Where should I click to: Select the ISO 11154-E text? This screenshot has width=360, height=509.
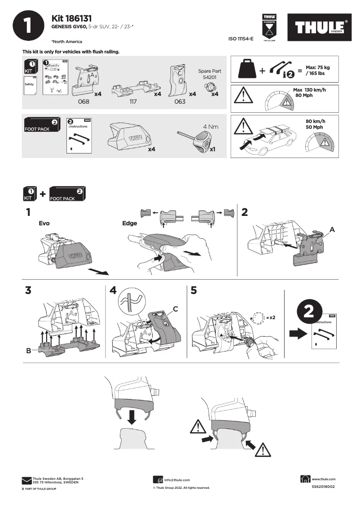pos(241,39)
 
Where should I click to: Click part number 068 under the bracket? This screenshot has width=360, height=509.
pos(84,102)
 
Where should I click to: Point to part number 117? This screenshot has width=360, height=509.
pos(133,102)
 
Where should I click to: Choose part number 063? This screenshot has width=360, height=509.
pos(180,102)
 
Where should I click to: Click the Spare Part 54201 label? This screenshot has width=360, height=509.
pos(210,74)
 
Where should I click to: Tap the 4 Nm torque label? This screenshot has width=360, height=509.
pos(211,127)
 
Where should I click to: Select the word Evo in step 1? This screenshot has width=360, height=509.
pos(44,223)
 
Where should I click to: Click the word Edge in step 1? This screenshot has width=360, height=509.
pos(130,223)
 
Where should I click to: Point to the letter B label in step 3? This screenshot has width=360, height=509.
pos(29,351)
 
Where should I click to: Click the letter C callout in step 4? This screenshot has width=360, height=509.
pos(176,309)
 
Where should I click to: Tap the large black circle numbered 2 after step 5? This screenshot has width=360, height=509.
pos(310,313)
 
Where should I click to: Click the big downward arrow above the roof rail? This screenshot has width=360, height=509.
pos(131,416)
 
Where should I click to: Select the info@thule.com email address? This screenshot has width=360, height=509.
pos(177,480)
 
